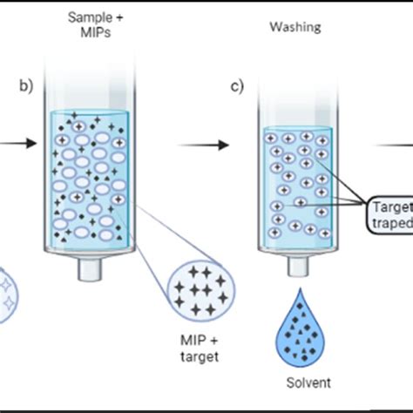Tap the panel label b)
click(x=26, y=85)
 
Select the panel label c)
click(x=236, y=85)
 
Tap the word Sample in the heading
click(x=88, y=17)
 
